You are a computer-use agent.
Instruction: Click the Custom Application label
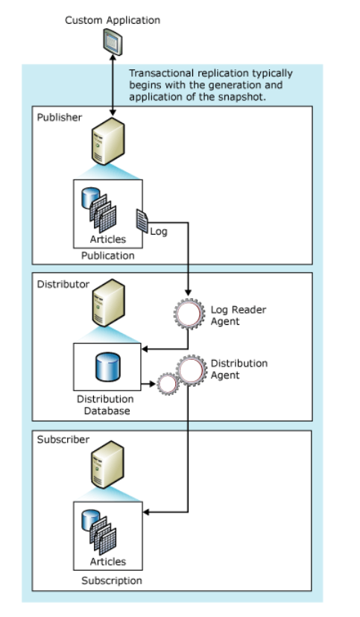click(x=112, y=20)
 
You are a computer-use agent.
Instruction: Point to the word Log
click(x=159, y=231)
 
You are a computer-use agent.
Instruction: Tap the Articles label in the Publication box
click(x=108, y=240)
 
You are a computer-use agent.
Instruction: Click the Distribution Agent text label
click(x=239, y=369)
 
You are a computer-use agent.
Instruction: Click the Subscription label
click(x=112, y=580)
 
